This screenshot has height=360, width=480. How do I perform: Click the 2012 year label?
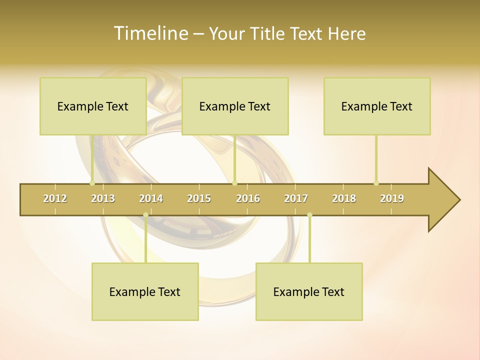[x=55, y=198]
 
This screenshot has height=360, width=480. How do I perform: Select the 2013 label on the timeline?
[x=103, y=198]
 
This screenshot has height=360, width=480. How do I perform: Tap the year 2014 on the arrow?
[x=151, y=198]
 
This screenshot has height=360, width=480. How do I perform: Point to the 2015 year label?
[x=199, y=198]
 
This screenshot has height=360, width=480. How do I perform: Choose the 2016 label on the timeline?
[x=248, y=198]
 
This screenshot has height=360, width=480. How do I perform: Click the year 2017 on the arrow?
[x=296, y=198]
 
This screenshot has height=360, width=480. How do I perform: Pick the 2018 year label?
[x=344, y=198]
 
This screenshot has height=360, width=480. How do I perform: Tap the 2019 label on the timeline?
[x=392, y=198]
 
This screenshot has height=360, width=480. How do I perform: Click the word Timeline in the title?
[x=149, y=33]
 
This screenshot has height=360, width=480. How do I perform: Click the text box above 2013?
[x=93, y=106]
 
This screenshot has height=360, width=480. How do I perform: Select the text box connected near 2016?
[x=235, y=106]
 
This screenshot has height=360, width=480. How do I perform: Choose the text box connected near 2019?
[x=377, y=106]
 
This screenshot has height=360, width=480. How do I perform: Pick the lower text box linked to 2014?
[x=145, y=291]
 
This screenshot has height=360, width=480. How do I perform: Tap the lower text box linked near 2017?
[x=309, y=291]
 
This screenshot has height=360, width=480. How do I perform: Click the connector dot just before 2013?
[x=92, y=183]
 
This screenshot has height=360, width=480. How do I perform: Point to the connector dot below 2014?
[x=145, y=215]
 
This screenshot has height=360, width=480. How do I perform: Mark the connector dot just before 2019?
[x=376, y=183]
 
